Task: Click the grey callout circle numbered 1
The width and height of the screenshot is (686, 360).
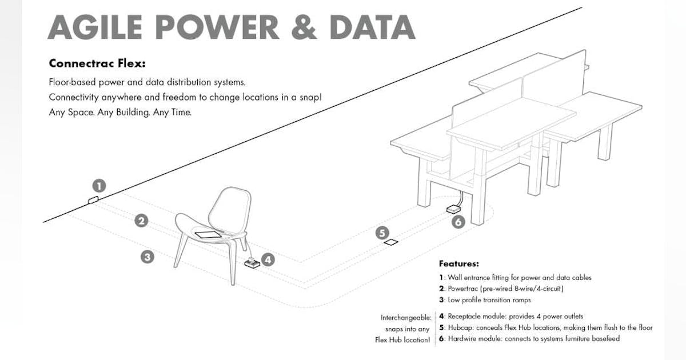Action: tap(99, 186)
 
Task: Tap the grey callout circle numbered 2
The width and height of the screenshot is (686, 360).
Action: tap(142, 221)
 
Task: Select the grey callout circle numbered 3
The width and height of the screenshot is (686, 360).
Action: tap(147, 257)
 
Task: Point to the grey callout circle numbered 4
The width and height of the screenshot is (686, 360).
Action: tap(269, 259)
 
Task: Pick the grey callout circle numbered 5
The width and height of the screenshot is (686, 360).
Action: tap(382, 233)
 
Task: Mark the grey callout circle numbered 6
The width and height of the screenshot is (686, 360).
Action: tap(458, 222)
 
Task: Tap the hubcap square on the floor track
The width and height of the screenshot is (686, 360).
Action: tap(392, 242)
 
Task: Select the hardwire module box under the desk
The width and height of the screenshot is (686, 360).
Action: tap(454, 209)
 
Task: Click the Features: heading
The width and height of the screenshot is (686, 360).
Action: tap(458, 263)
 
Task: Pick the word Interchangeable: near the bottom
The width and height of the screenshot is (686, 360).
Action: tap(406, 317)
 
